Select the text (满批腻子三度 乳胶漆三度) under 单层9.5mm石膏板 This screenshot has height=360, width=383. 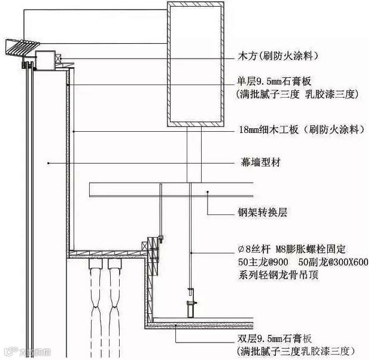[x=297, y=93]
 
